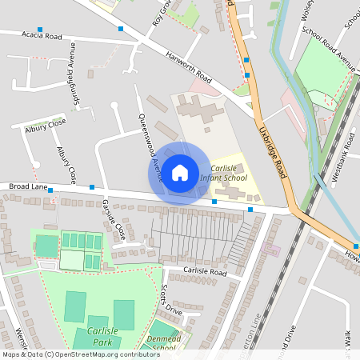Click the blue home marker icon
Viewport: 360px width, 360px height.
(180, 172)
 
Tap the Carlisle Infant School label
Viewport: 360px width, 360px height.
(224, 172)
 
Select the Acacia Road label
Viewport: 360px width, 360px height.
(42, 36)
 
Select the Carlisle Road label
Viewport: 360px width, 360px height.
(204, 272)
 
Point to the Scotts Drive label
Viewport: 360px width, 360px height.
(171, 300)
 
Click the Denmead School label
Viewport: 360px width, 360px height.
(163, 343)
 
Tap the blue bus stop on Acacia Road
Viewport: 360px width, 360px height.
(121, 29)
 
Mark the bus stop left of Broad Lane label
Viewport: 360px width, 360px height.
(50, 192)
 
